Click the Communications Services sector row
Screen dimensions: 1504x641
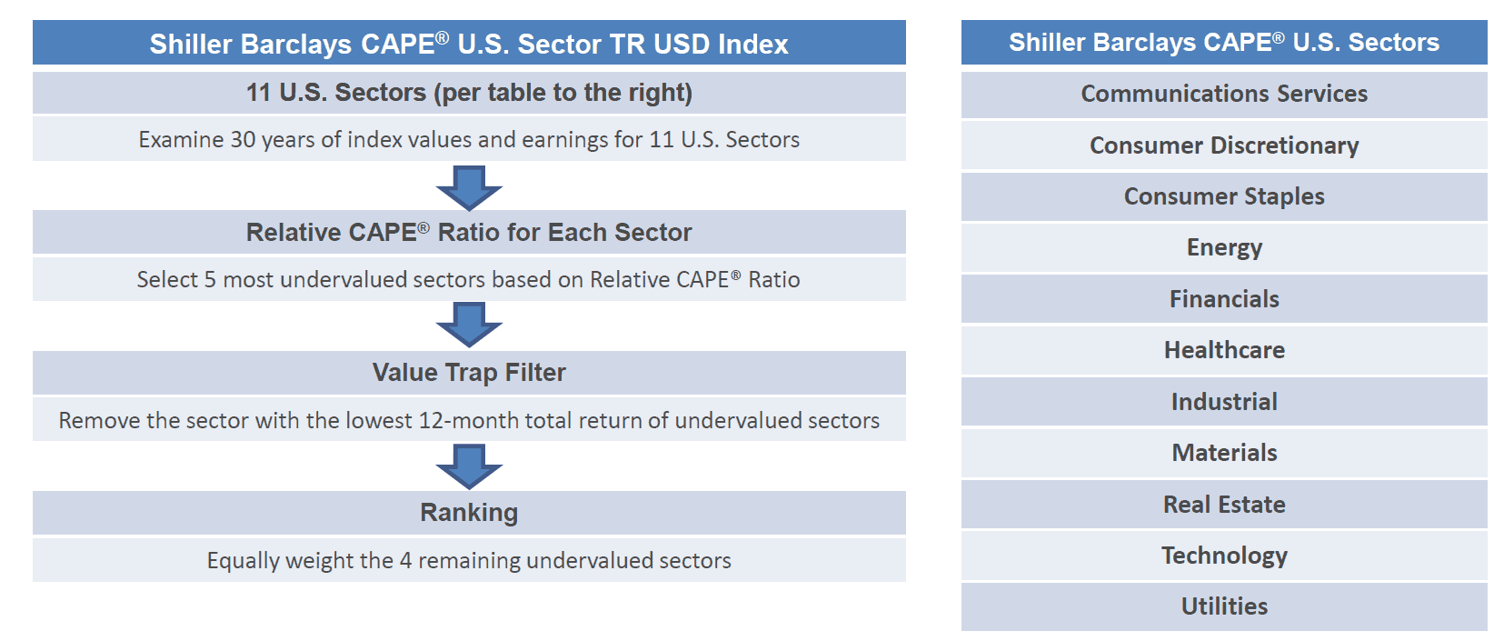point(1223,94)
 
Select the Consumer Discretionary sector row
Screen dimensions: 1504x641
point(1223,145)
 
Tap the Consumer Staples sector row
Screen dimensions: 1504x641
point(1223,196)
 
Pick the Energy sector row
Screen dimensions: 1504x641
point(1223,247)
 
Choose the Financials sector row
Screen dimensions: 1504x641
point(1223,299)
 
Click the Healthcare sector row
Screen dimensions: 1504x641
point(1223,350)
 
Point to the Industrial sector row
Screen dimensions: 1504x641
point(1223,402)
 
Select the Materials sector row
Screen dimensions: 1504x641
point(1223,453)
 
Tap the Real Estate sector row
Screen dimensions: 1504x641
point(1223,505)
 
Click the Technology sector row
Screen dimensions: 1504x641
point(1223,556)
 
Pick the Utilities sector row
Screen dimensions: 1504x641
point(1223,606)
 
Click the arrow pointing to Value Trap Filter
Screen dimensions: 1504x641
point(469,325)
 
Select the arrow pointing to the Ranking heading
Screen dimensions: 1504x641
point(469,466)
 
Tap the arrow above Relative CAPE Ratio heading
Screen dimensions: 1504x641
point(469,189)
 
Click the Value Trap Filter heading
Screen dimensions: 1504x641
point(469,372)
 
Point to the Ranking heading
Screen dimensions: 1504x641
point(469,513)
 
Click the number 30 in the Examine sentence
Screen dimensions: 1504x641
point(243,140)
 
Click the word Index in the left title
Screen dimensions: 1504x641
point(752,45)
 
